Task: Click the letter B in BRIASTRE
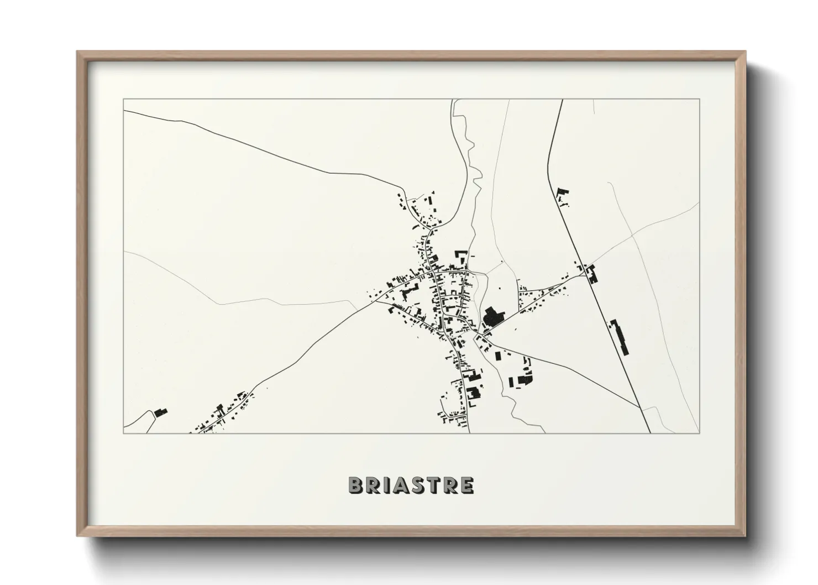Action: [x=355, y=485]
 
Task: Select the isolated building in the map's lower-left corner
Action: [x=160, y=412]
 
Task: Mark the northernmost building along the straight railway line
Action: [x=563, y=195]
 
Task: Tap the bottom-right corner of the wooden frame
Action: [x=745, y=536]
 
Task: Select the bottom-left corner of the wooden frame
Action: [x=78, y=536]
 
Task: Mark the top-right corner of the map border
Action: [x=700, y=100]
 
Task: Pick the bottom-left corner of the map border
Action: [x=123, y=433]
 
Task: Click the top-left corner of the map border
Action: [x=123, y=100]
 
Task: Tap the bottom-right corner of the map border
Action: [x=700, y=433]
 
